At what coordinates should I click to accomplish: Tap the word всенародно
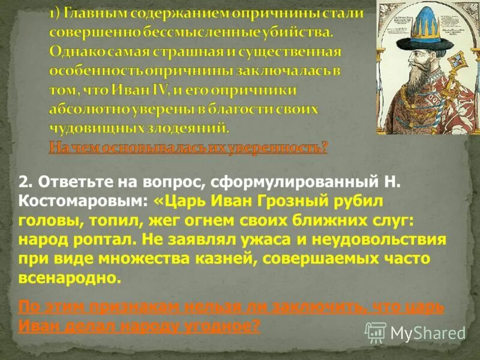[69, 280]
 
